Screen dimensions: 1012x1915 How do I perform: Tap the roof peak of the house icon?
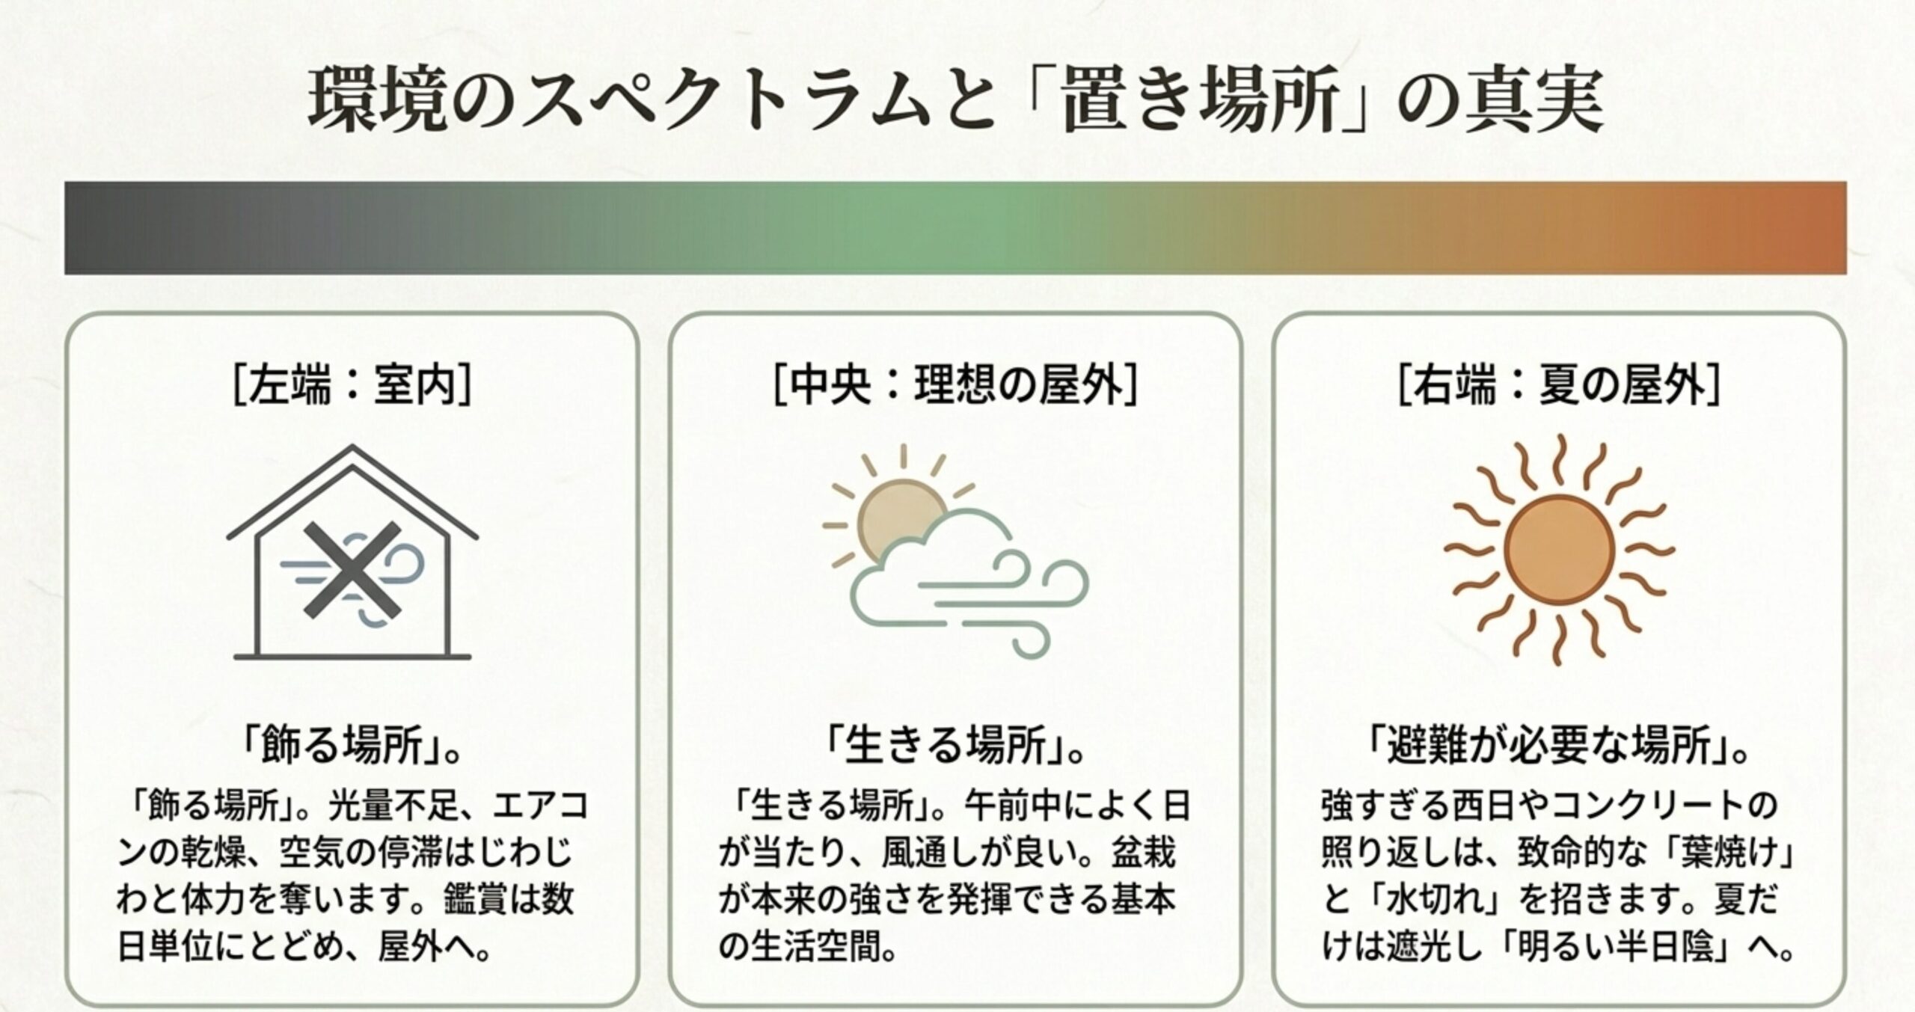tap(352, 449)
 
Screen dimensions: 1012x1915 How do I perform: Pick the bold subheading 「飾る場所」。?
tap(352, 747)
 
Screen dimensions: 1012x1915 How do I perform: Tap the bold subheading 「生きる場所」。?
tap(955, 747)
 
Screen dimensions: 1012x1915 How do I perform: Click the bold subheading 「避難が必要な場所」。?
tap(1560, 747)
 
